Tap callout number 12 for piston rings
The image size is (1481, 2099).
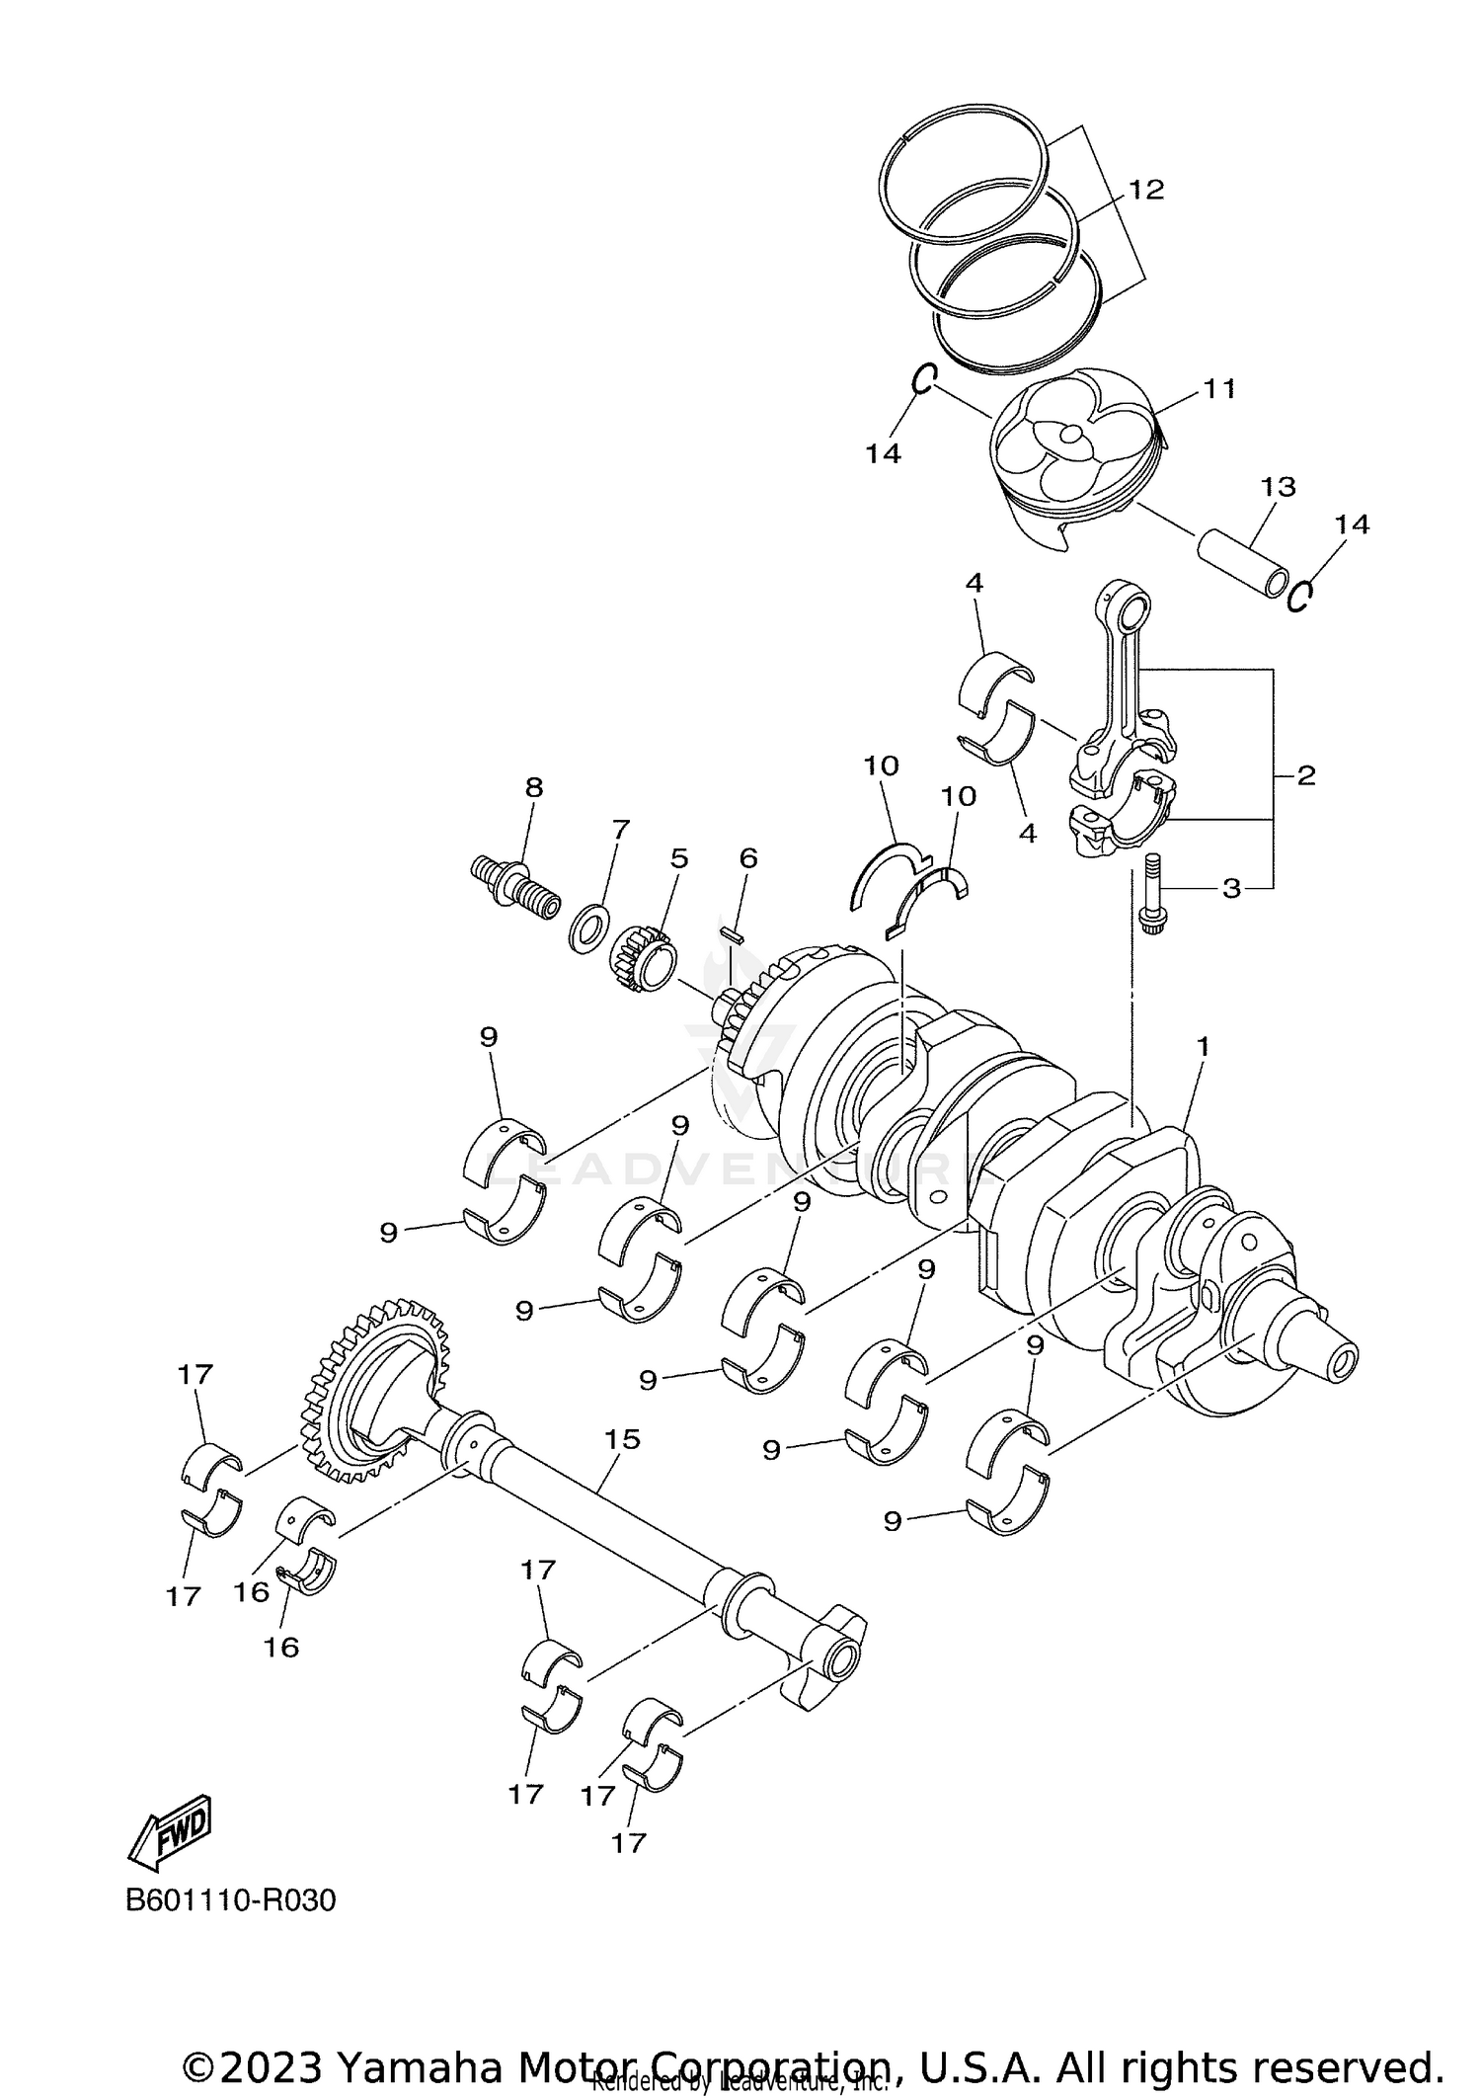pos(1146,190)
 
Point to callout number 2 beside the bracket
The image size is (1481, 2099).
pos(1305,775)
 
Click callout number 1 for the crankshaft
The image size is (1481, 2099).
pos(1203,1045)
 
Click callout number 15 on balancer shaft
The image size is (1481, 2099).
pos(623,1439)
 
